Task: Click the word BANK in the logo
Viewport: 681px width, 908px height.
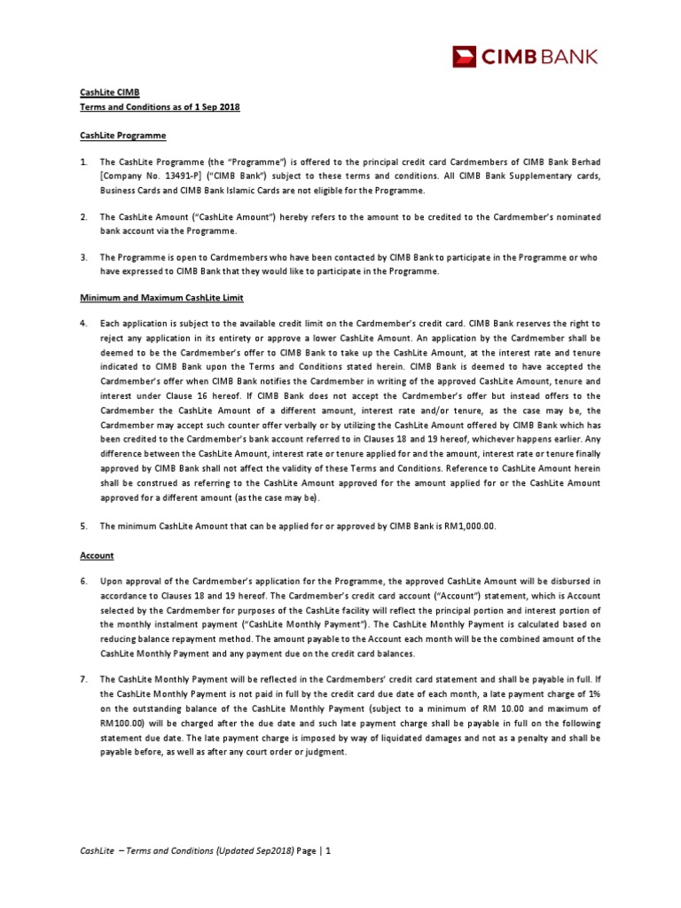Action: [x=567, y=59]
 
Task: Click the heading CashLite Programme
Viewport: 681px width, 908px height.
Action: [x=118, y=136]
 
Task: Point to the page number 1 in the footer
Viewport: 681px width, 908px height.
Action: [x=328, y=851]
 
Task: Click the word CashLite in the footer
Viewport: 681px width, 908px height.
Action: [x=98, y=851]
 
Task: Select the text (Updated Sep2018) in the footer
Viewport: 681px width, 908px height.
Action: [x=235, y=851]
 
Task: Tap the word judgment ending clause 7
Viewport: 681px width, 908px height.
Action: [x=324, y=752]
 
